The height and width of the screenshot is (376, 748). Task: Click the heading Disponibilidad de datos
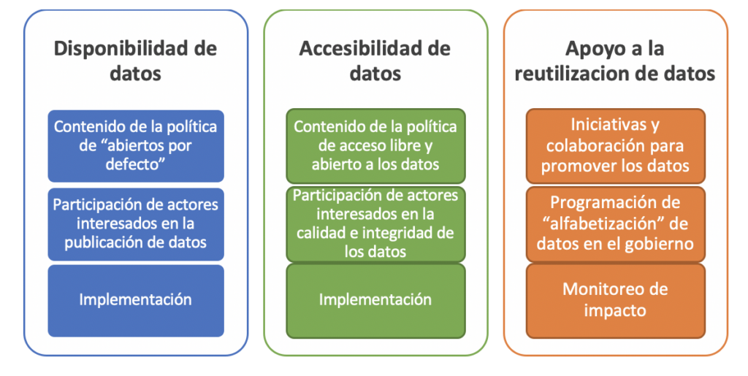click(x=136, y=61)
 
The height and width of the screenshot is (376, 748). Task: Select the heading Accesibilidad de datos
click(x=375, y=61)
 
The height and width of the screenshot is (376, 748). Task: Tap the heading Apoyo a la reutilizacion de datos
click(x=615, y=61)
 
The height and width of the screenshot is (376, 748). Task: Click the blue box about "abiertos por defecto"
click(x=136, y=145)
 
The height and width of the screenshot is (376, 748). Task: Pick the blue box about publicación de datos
click(x=136, y=223)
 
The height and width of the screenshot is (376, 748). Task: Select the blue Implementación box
click(x=136, y=299)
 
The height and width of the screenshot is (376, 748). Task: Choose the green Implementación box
click(x=375, y=299)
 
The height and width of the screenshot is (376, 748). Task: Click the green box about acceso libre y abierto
click(x=375, y=145)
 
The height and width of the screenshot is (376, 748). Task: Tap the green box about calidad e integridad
click(x=375, y=223)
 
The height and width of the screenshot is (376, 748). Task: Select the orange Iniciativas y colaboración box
click(x=615, y=145)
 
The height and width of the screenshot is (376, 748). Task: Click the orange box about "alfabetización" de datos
click(x=615, y=223)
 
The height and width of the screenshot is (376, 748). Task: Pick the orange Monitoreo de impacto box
click(x=615, y=299)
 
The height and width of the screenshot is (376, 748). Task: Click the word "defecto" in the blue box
click(x=136, y=165)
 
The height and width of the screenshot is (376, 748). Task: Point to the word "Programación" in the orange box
click(x=598, y=202)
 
